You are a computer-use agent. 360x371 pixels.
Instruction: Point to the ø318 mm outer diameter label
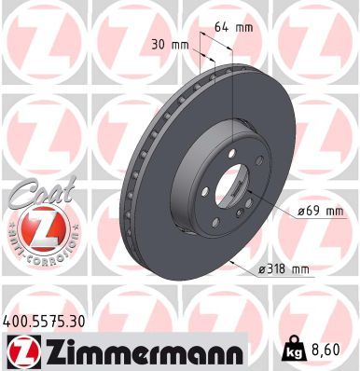click(x=283, y=270)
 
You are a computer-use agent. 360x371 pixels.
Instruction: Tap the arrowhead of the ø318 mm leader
click(x=229, y=263)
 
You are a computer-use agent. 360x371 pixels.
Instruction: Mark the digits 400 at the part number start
click(x=17, y=320)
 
